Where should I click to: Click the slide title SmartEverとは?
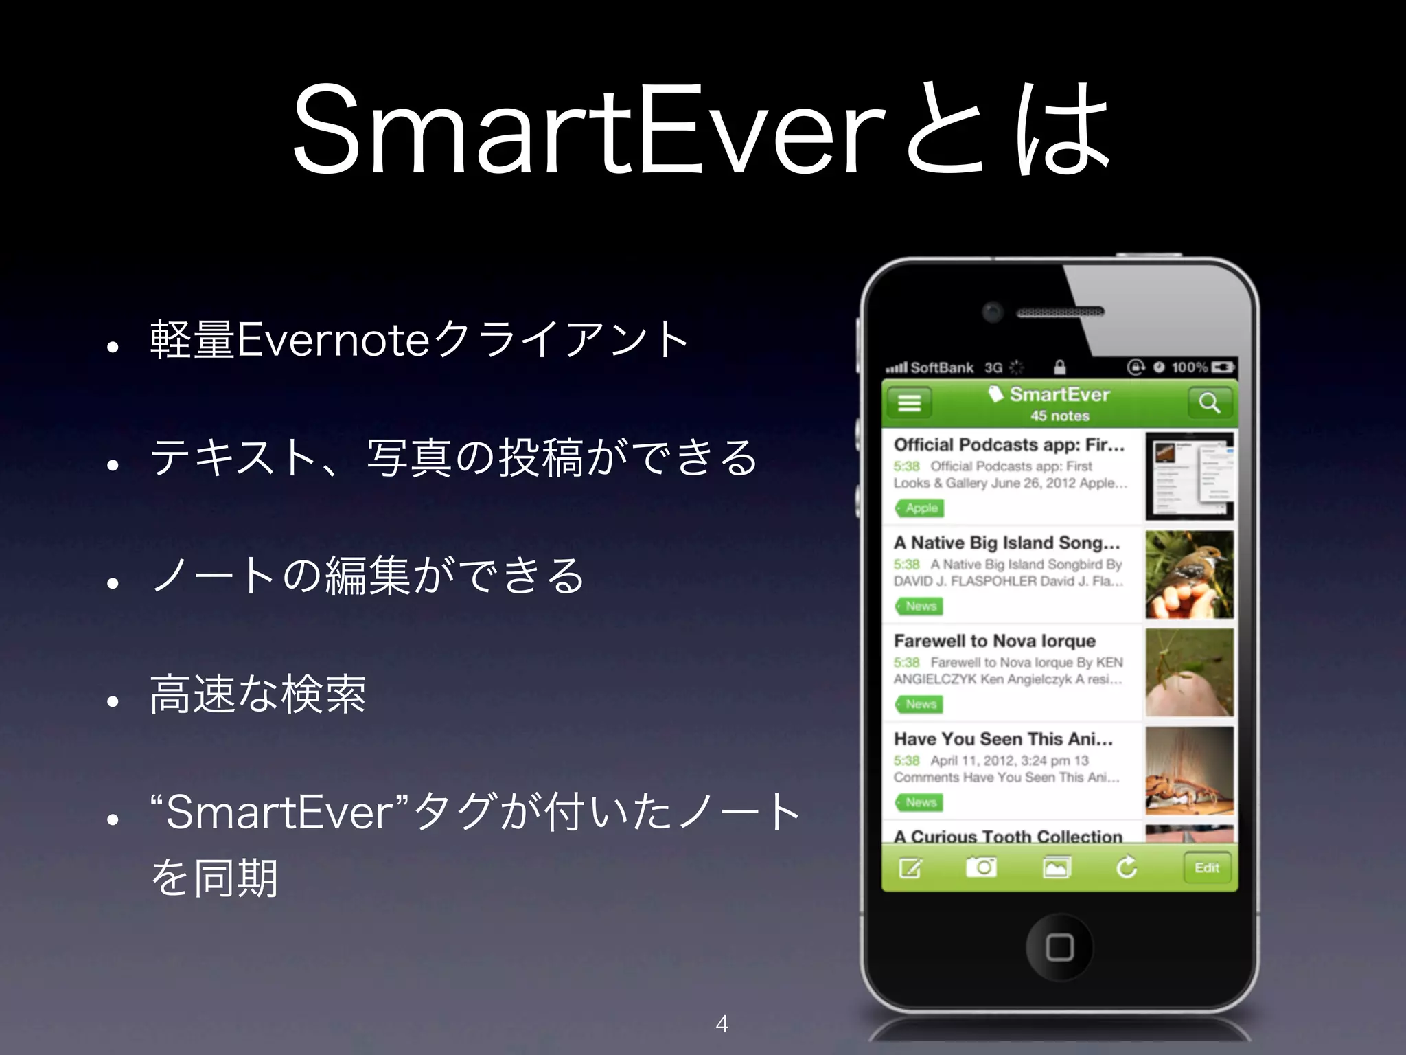click(x=702, y=131)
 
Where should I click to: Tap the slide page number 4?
click(x=722, y=1024)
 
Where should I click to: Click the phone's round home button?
click(x=1059, y=947)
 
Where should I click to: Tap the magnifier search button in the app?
click(x=1209, y=402)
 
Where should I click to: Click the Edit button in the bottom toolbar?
click(x=1206, y=867)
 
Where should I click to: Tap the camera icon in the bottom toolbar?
click(x=982, y=867)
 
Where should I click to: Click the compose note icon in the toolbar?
click(x=911, y=867)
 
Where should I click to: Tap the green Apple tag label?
click(x=920, y=508)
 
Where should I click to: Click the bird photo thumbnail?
click(x=1189, y=574)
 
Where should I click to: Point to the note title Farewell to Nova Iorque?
click(x=995, y=641)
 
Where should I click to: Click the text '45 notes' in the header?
click(x=1059, y=416)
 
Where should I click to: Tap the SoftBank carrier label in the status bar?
click(x=941, y=367)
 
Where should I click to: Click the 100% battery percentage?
click(x=1189, y=367)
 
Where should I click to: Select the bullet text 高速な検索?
click(x=258, y=694)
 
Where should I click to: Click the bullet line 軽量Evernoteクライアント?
click(x=419, y=339)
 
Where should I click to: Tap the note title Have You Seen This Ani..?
click(x=1003, y=739)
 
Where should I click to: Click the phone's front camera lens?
click(x=992, y=312)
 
